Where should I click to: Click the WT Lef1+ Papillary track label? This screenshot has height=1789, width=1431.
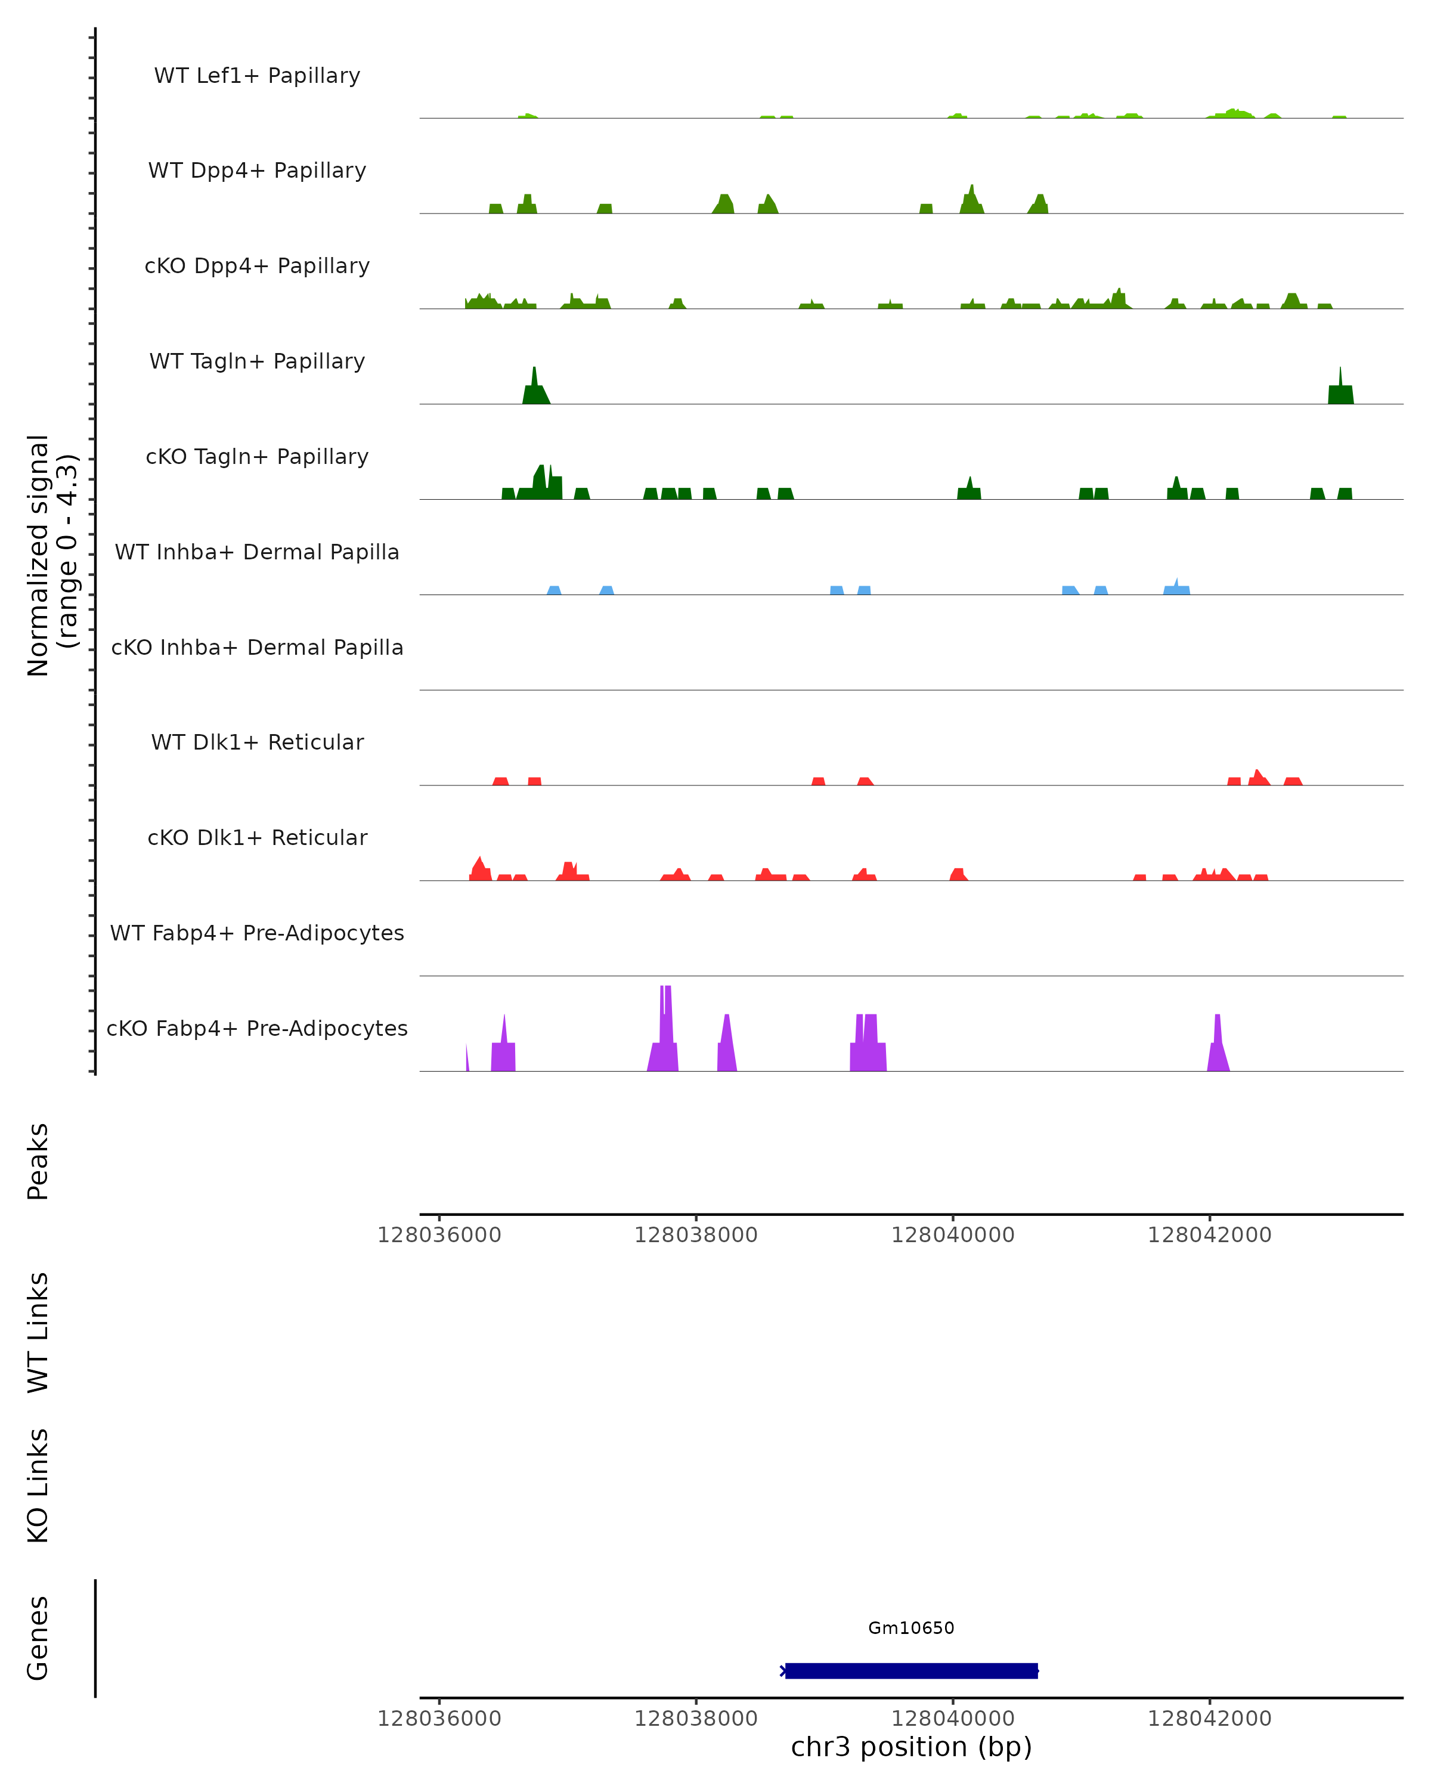pos(257,76)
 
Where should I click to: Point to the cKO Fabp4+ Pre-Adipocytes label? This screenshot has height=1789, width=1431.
pos(257,1028)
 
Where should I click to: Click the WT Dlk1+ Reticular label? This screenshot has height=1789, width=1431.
pos(257,742)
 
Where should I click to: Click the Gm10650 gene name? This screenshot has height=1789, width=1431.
pos(911,1628)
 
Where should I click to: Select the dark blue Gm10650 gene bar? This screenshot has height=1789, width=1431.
pos(911,1670)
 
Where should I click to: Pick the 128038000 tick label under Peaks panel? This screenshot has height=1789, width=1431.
pos(695,1235)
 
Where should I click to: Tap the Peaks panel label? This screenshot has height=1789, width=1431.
pos(38,1161)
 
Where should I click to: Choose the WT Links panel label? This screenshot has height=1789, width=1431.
pos(38,1332)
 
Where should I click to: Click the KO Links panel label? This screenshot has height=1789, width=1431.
pos(38,1485)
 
